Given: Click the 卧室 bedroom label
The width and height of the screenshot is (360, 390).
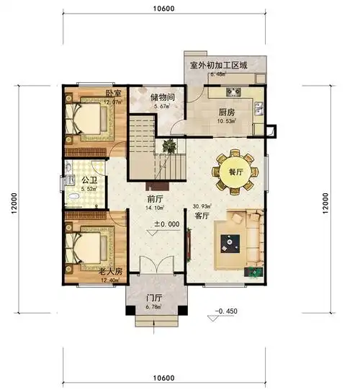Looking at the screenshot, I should pos(112,94).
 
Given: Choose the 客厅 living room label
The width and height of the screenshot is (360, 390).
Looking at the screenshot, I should pos(201,215).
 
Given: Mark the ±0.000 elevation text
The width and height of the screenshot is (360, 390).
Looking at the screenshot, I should pos(166,224).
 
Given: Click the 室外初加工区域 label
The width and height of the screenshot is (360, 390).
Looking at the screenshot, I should pos(218,65).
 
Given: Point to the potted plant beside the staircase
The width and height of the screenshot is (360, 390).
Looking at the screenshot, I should pos(169,145).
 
